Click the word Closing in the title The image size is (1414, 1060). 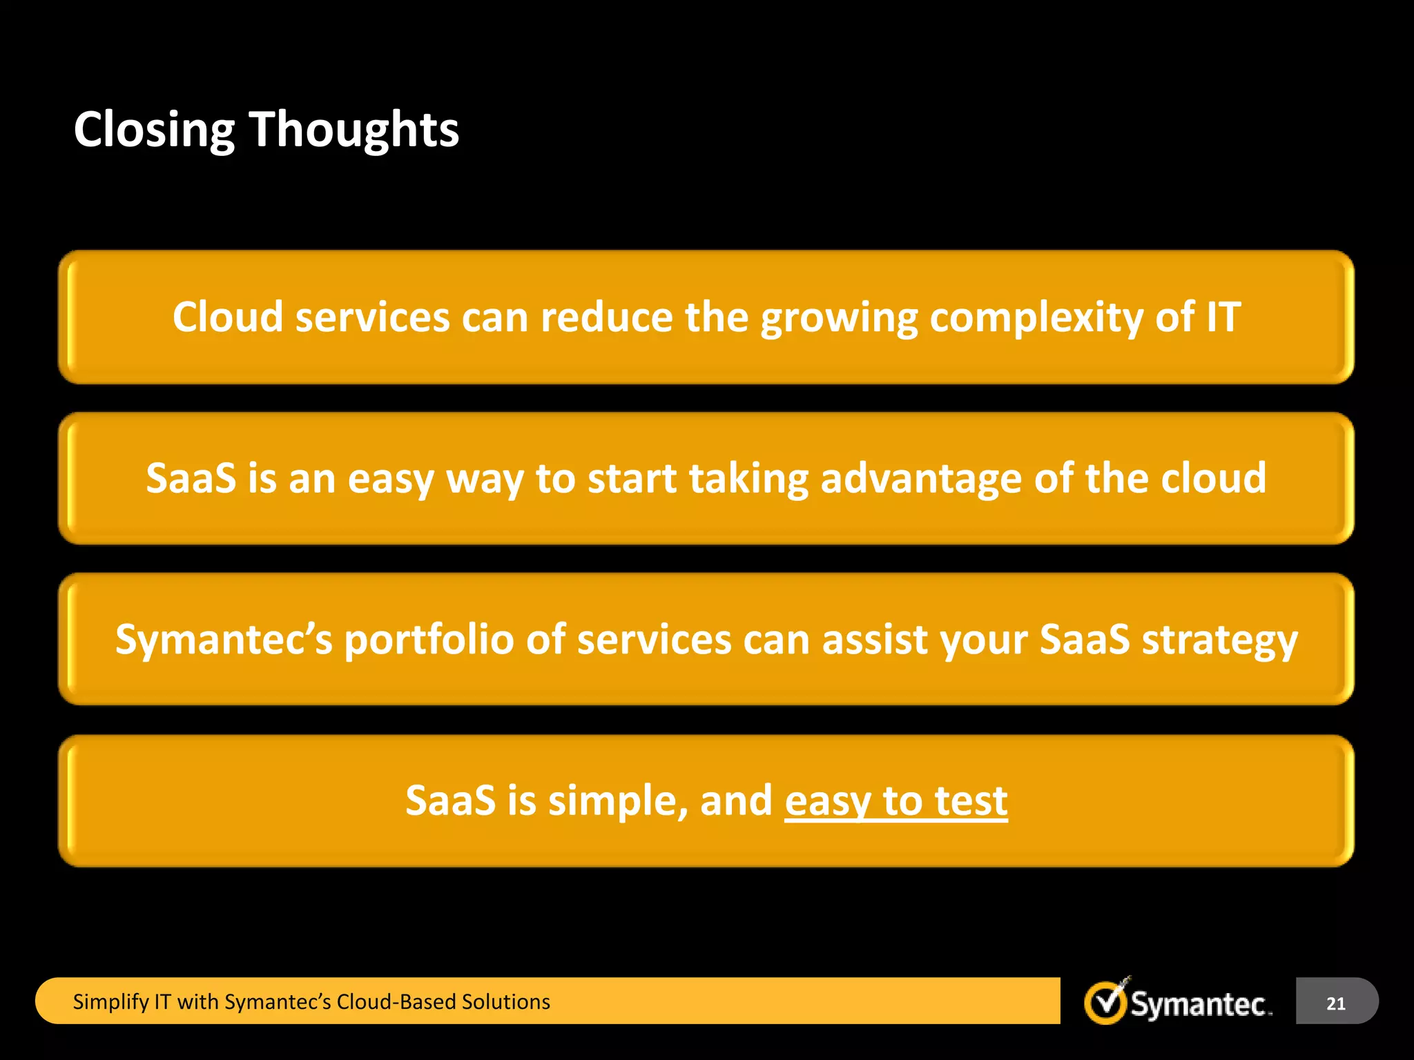[x=154, y=130]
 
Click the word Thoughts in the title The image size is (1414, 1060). [x=353, y=130]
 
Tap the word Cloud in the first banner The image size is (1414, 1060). [x=227, y=317]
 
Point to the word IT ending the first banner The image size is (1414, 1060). [x=1223, y=317]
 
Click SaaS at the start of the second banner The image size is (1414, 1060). [x=191, y=478]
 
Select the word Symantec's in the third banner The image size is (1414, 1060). [x=224, y=640]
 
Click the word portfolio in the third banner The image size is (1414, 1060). [x=429, y=640]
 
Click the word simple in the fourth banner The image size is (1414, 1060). [x=617, y=801]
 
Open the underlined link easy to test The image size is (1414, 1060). [x=895, y=801]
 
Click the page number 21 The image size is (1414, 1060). [x=1335, y=1003]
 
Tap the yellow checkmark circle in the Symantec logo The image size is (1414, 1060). [x=1105, y=1003]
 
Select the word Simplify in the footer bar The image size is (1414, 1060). [x=110, y=1002]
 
